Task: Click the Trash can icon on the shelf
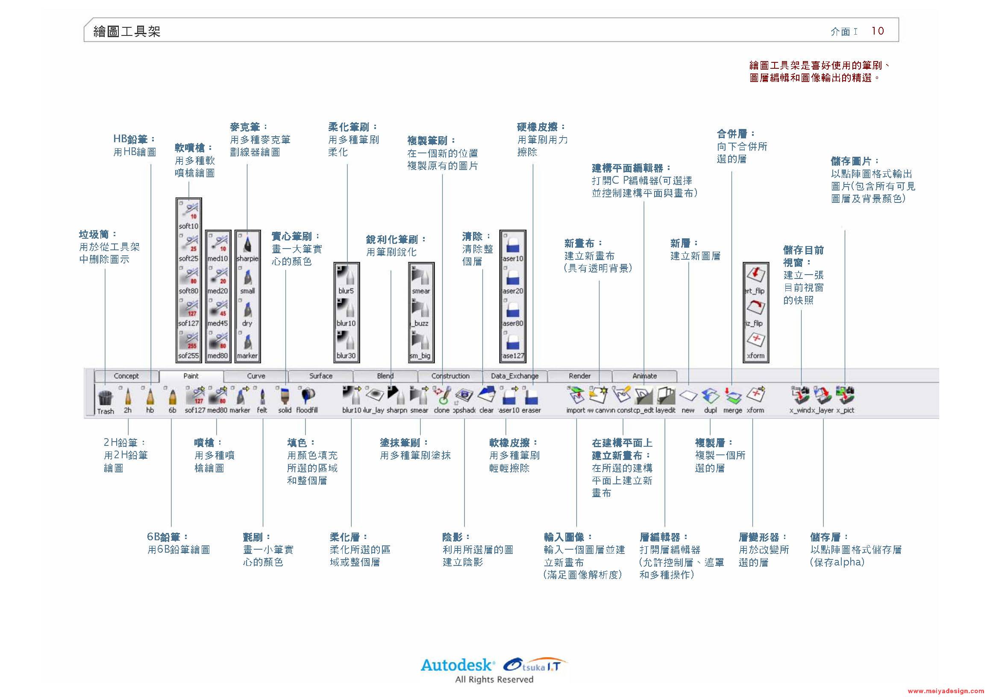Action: pos(105,398)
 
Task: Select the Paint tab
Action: pos(191,376)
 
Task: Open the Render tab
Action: pos(579,376)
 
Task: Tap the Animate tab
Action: pos(644,376)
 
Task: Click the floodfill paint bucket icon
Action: pos(307,396)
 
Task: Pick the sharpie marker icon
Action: pos(247,243)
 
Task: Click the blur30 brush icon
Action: pos(346,341)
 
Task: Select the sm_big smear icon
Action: pos(420,341)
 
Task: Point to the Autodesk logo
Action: pos(457,666)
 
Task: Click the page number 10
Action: pos(877,31)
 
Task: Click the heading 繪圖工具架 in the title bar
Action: pos(127,31)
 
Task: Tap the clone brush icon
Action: pos(442,396)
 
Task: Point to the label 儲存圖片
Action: pos(851,161)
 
